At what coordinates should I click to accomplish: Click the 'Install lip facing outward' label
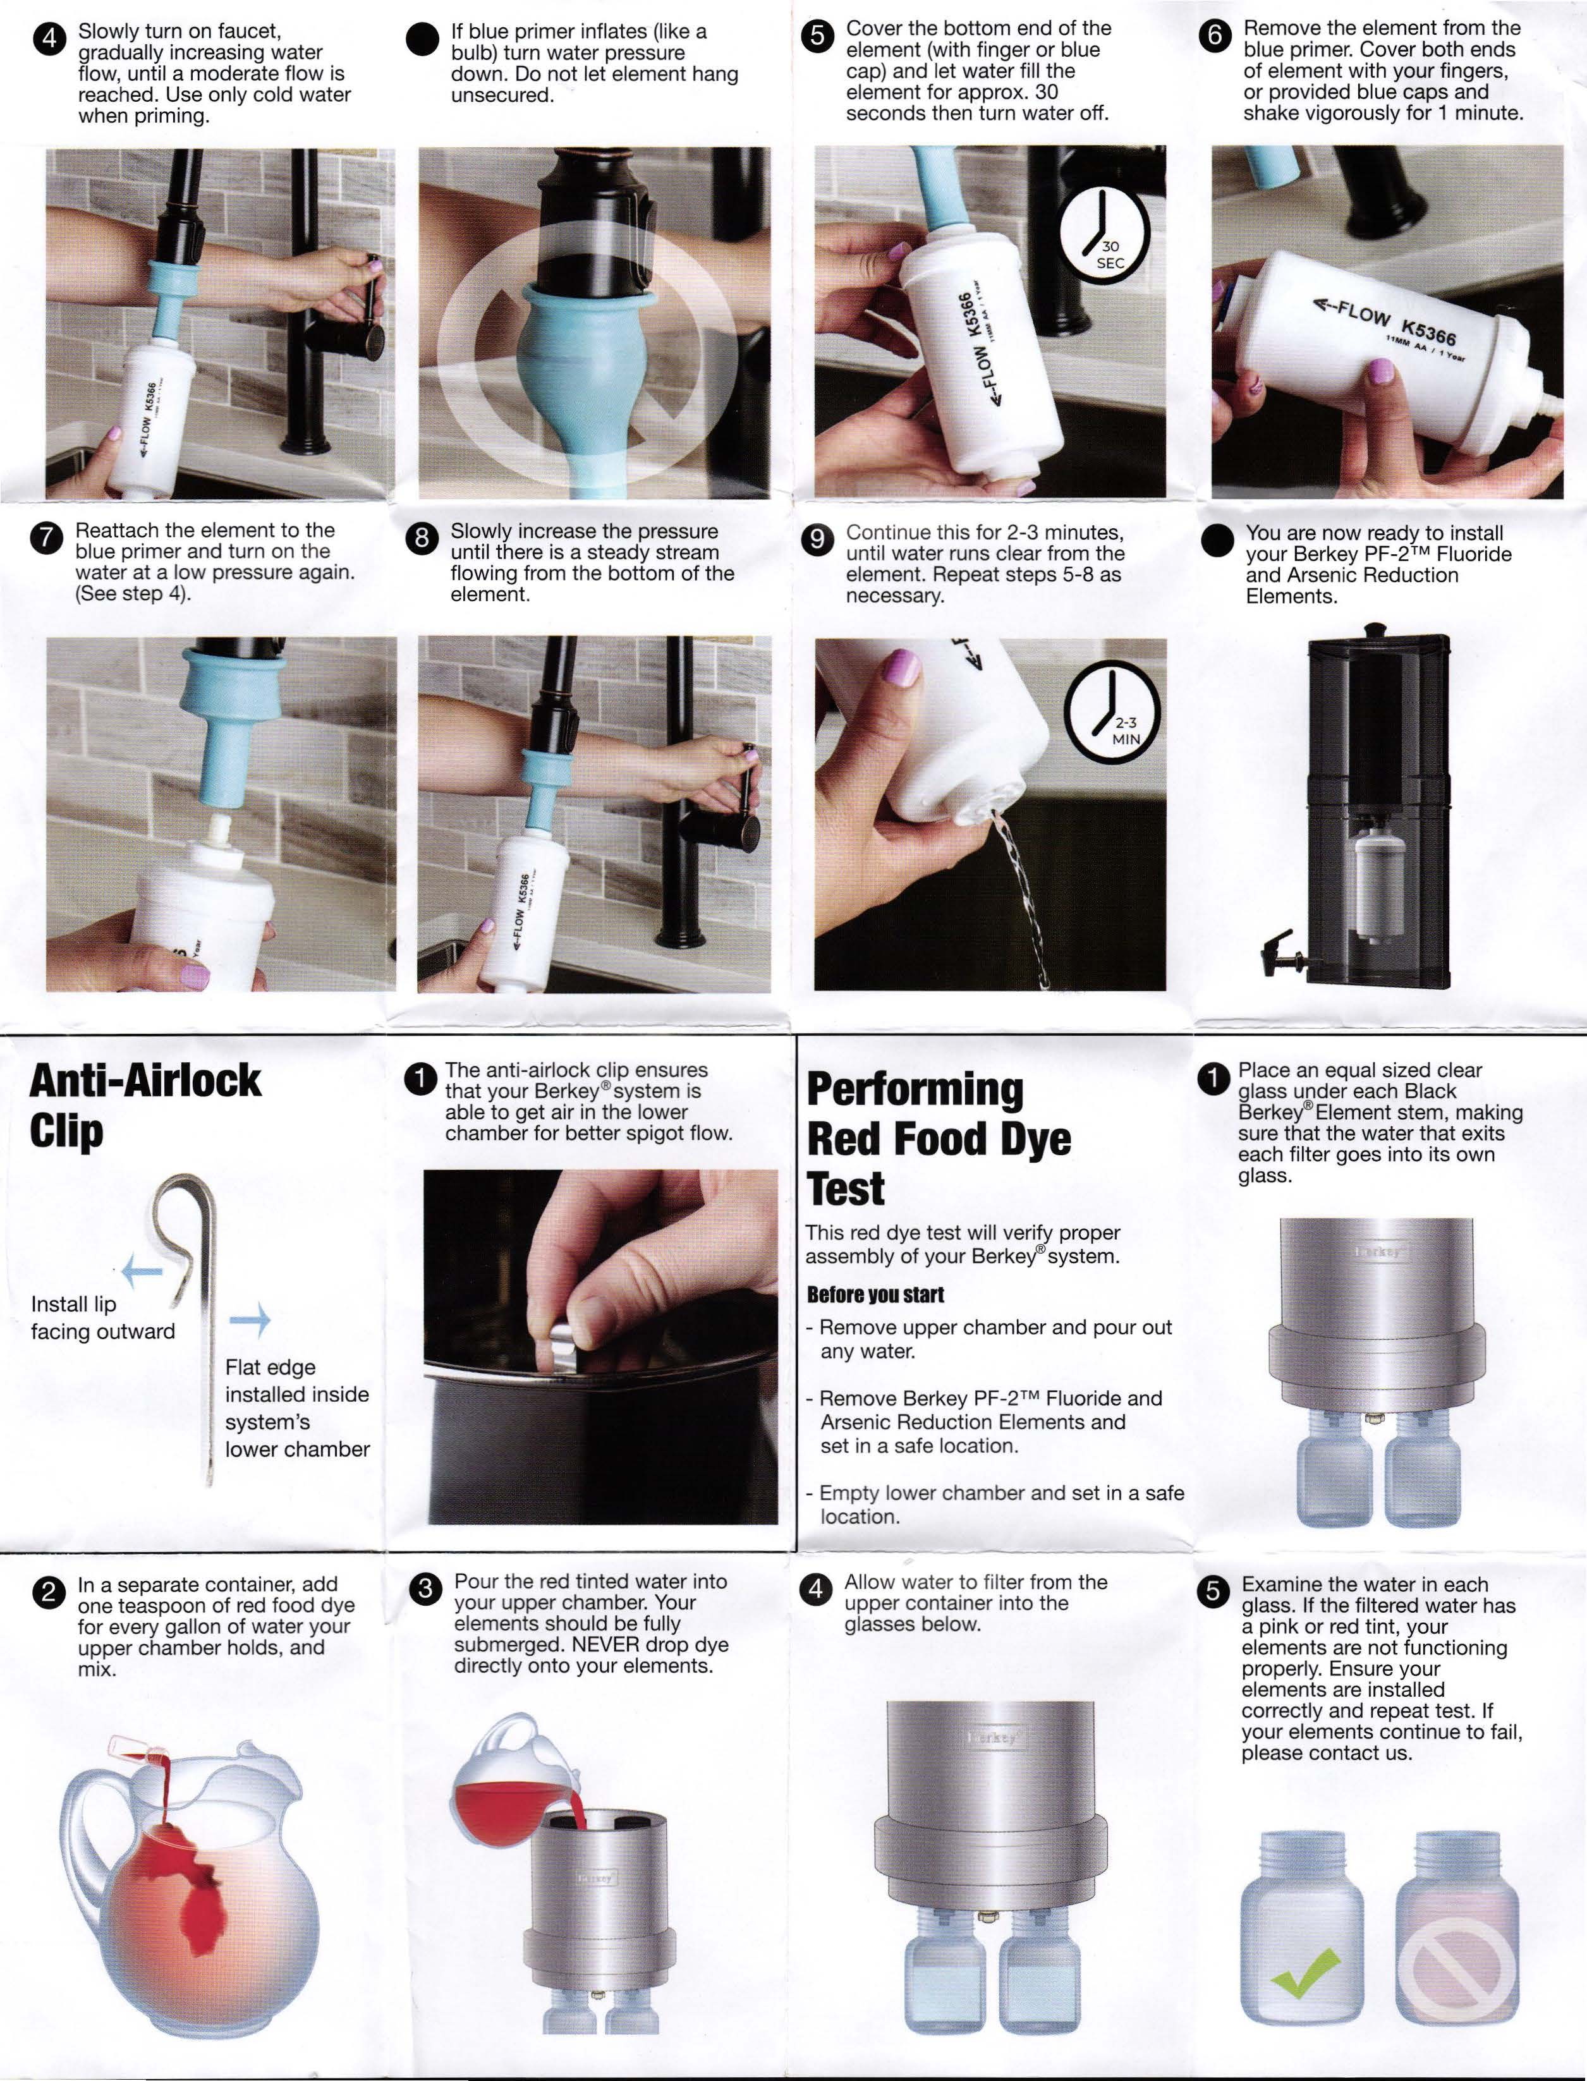click(x=103, y=1318)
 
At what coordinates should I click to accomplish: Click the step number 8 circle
click(x=420, y=538)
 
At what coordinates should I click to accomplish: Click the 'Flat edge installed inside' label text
click(x=296, y=1380)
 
